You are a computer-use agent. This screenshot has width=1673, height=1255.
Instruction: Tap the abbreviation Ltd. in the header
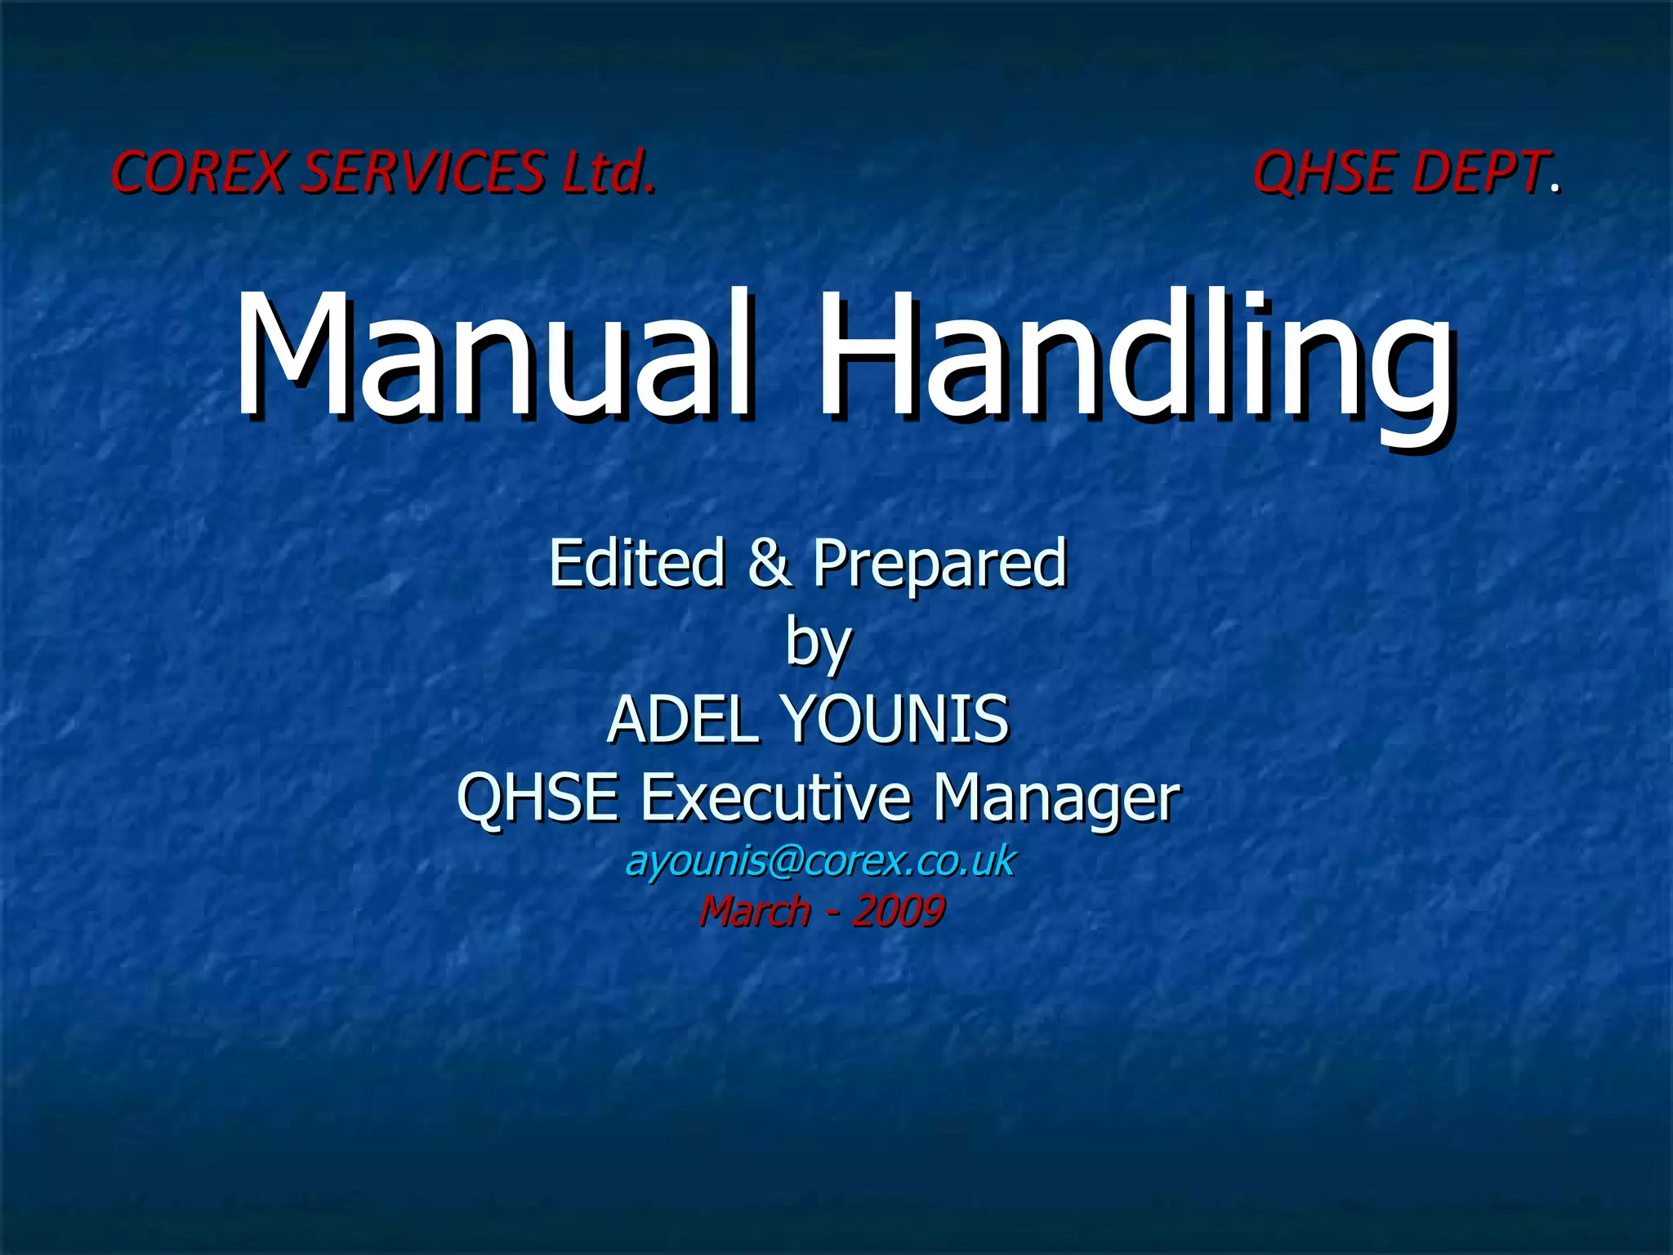(608, 172)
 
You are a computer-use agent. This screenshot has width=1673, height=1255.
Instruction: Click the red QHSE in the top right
(1323, 172)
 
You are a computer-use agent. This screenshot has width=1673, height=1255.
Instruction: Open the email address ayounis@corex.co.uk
(819, 861)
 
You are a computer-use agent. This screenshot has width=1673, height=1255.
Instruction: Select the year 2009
(899, 910)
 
